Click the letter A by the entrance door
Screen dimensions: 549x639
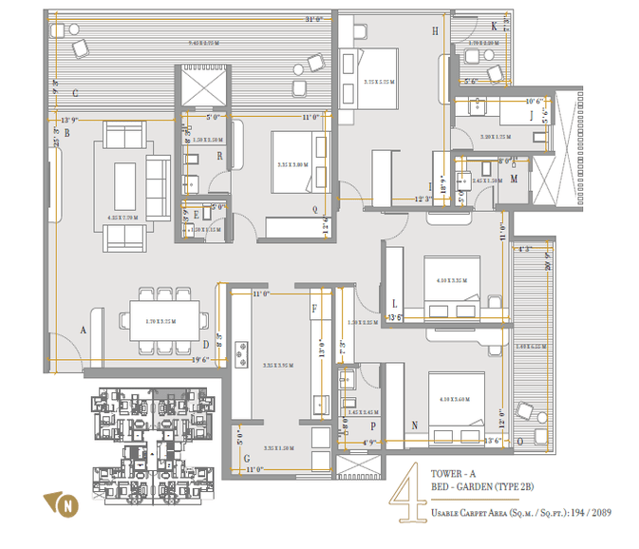84,330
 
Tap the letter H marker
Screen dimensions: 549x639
435,31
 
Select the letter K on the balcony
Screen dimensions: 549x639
495,26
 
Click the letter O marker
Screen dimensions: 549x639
519,441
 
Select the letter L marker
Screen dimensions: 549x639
392,302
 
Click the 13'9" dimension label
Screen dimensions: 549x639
69,121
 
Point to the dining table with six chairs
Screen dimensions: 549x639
165,321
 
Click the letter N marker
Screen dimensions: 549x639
414,425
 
